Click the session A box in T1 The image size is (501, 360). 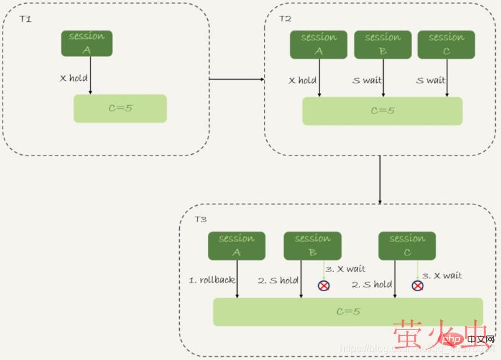point(87,43)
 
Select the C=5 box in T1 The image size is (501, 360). point(120,108)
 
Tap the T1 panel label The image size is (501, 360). point(25,19)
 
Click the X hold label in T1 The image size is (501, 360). point(73,78)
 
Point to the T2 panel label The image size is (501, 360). point(285,18)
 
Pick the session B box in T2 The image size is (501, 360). point(382,44)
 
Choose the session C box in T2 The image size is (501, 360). point(446,44)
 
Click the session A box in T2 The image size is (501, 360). point(319,44)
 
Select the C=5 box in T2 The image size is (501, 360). point(382,111)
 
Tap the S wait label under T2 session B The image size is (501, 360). point(367,80)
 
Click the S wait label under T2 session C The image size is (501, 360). point(431,80)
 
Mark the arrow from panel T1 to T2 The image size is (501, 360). point(236,80)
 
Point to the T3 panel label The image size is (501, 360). point(201,219)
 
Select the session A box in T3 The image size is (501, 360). point(236,245)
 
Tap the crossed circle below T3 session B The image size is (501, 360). point(324,285)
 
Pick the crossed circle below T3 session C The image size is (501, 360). point(417,285)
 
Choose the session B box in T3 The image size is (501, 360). point(312,245)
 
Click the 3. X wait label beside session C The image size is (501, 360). point(442,276)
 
